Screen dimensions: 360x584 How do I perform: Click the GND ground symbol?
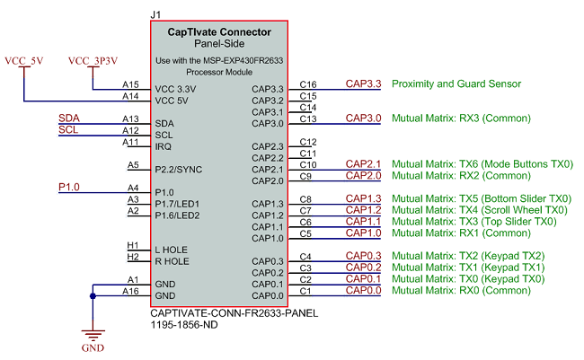tap(93, 333)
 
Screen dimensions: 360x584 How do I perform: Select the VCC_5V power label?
tap(24, 60)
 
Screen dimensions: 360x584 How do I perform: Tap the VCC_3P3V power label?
tap(93, 60)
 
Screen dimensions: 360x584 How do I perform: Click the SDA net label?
tap(67, 119)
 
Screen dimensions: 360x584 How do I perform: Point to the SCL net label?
tap(67, 129)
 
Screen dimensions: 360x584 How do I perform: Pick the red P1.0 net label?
tap(68, 187)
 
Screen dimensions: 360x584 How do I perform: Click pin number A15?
tap(130, 83)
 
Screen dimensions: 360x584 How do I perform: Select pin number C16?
tap(308, 83)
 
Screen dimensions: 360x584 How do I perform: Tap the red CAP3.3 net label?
tap(363, 83)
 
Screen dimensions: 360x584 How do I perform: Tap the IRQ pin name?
tap(164, 146)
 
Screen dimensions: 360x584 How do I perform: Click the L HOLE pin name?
tap(173, 250)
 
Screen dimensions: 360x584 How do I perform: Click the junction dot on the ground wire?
tap(93, 294)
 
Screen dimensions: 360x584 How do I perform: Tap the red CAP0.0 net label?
tap(363, 290)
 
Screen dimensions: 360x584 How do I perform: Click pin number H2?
tap(132, 257)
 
